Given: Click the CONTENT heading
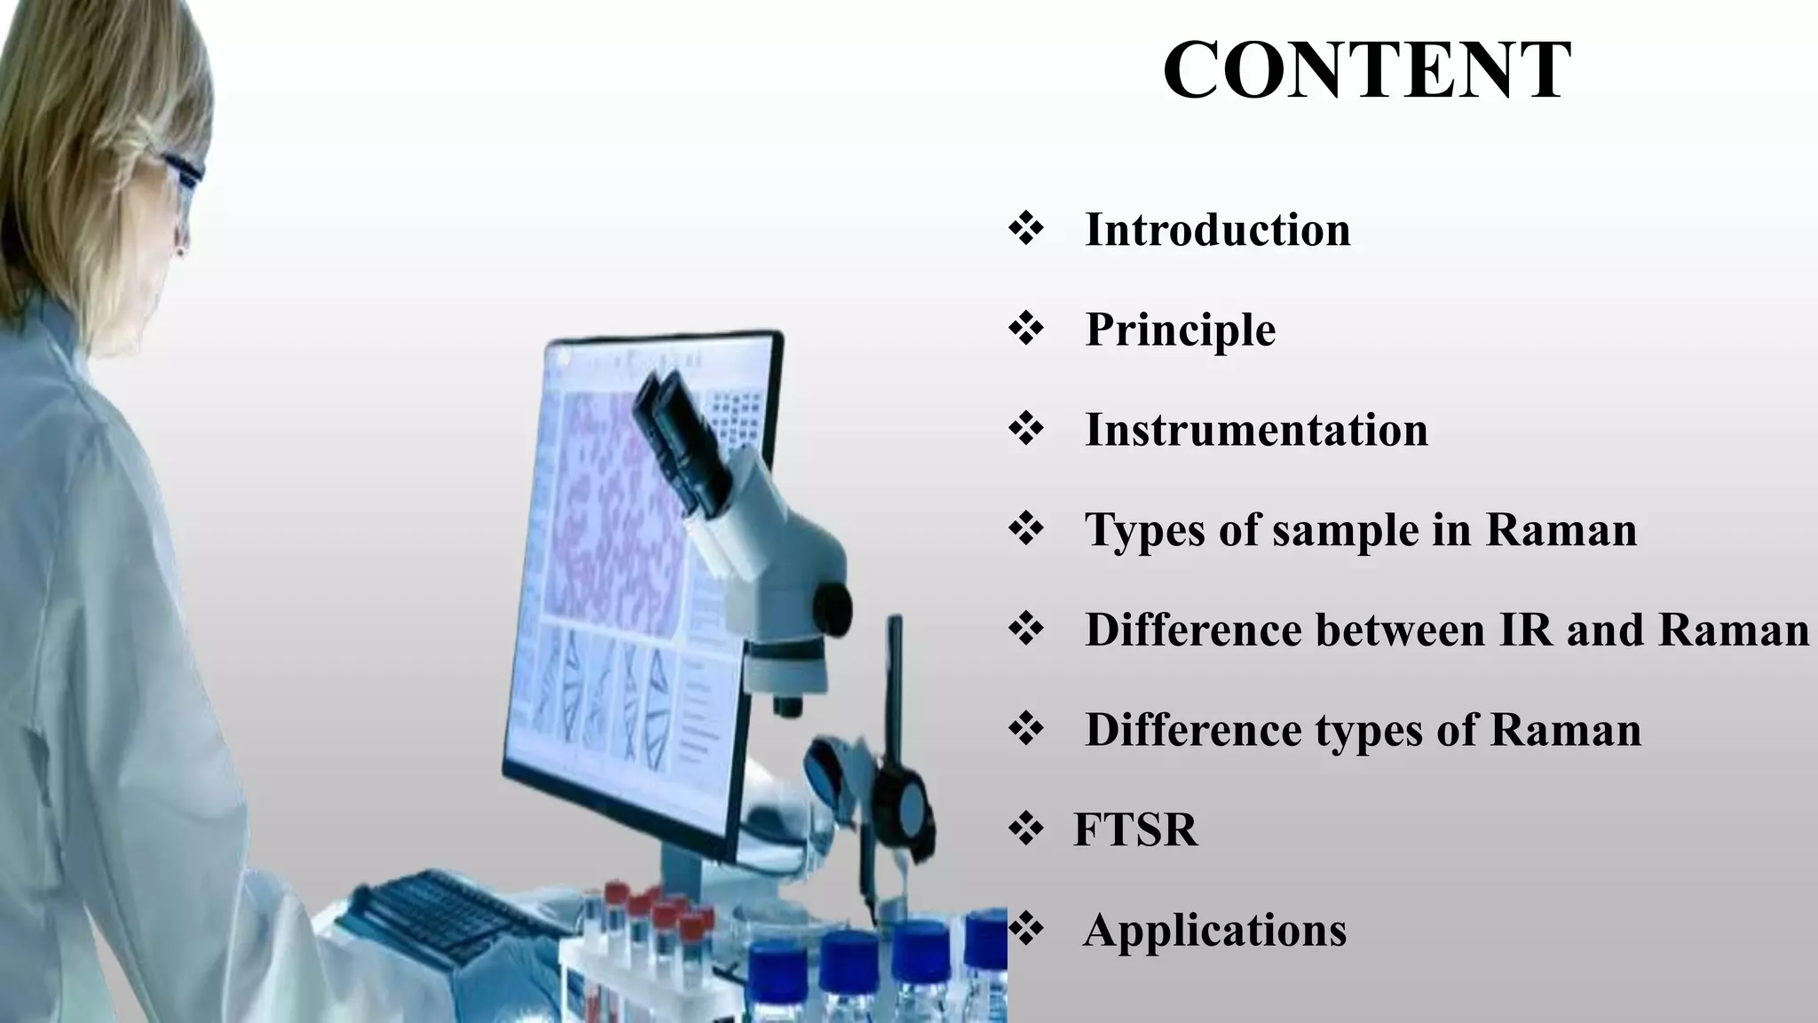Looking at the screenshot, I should pyautogui.click(x=1366, y=71).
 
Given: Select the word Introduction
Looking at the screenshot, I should pyautogui.click(x=1217, y=230).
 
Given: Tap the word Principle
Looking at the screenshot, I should pyautogui.click(x=1180, y=330).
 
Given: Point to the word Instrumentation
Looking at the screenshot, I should pyautogui.click(x=1256, y=431).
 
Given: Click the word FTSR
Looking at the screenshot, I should pyautogui.click(x=1135, y=829).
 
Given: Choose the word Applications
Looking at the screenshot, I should pyautogui.click(x=1214, y=931).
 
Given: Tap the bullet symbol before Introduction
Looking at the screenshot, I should pyautogui.click(x=1026, y=229).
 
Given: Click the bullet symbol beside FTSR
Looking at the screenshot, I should pyautogui.click(x=1026, y=829).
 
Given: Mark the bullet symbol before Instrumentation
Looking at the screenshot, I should pyautogui.click(x=1026, y=430).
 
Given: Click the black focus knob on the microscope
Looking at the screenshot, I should pyautogui.click(x=833, y=607).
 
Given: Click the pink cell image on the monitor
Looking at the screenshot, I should pyautogui.click(x=613, y=515).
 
